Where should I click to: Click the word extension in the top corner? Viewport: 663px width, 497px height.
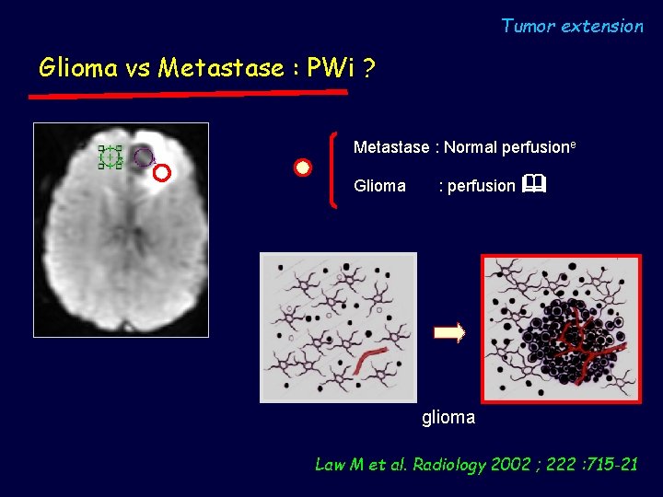pyautogui.click(x=602, y=26)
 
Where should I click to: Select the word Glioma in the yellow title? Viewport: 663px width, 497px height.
pyautogui.click(x=79, y=68)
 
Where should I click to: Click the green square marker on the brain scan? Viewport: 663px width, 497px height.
pyautogui.click(x=110, y=157)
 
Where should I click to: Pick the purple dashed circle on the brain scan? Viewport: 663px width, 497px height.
pyautogui.click(x=143, y=157)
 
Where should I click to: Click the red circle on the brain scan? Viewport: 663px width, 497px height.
pyautogui.click(x=162, y=172)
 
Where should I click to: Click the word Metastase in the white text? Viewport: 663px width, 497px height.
pyautogui.click(x=391, y=147)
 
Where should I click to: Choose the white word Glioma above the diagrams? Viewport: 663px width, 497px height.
pyautogui.click(x=379, y=186)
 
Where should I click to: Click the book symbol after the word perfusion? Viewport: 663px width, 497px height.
pyautogui.click(x=533, y=185)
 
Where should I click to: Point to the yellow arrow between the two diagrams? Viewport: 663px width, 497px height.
pyautogui.click(x=449, y=333)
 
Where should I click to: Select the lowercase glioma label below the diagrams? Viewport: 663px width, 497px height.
pyautogui.click(x=448, y=418)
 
